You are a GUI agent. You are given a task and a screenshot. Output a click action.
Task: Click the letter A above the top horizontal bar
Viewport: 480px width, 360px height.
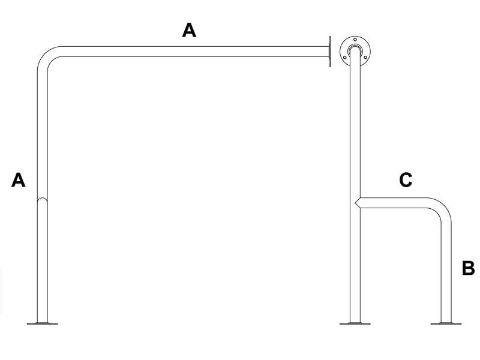(189, 31)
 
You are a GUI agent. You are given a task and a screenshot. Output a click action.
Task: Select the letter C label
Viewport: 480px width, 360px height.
(406, 179)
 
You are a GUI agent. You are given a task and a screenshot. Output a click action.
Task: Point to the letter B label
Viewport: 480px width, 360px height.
(468, 268)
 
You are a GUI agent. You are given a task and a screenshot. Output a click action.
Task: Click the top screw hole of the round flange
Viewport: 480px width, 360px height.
(355, 40)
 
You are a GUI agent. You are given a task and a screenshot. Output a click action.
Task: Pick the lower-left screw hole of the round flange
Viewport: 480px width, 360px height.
(345, 57)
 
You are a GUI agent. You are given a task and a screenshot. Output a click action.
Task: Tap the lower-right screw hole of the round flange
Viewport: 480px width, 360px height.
(365, 57)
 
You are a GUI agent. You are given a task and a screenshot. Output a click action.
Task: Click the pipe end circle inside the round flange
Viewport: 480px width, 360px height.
(355, 50)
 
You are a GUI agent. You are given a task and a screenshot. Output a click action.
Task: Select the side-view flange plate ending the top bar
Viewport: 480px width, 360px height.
(329, 51)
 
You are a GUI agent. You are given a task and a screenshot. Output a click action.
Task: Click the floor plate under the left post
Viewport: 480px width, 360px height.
(42, 323)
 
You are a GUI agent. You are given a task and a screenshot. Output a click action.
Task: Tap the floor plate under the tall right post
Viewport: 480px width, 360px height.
(355, 323)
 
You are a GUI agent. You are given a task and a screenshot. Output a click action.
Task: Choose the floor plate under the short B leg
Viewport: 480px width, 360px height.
(446, 323)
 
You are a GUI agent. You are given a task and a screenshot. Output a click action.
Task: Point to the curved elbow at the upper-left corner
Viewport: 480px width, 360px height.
(46, 55)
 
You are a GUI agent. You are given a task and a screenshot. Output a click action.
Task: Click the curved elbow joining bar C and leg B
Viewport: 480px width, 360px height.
(443, 206)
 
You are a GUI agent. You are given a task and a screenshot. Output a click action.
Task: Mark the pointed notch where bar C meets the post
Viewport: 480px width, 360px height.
(356, 203)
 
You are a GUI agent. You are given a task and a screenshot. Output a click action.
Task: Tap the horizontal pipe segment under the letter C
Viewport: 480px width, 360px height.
(393, 203)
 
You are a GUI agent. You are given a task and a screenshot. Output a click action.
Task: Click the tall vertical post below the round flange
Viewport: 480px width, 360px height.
(355, 187)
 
